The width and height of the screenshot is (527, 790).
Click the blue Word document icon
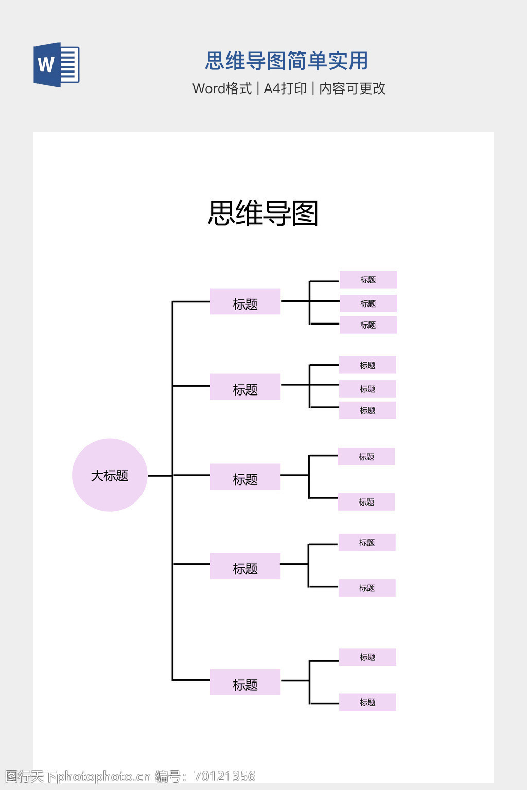click(57, 65)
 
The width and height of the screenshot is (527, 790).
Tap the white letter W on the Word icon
click(46, 65)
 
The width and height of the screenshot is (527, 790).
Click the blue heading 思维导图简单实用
click(287, 61)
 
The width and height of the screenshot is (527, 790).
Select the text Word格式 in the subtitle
click(222, 88)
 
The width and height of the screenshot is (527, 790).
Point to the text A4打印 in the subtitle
click(285, 88)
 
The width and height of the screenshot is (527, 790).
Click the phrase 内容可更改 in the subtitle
click(353, 88)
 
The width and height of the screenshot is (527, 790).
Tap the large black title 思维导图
click(263, 213)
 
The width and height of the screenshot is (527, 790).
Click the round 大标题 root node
click(110, 475)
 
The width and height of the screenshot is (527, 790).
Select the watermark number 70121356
click(225, 776)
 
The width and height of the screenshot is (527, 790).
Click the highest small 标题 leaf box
click(368, 280)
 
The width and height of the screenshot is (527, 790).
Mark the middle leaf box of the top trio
click(368, 303)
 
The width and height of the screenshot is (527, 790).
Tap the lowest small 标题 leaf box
click(367, 702)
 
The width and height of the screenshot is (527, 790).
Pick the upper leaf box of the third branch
click(366, 457)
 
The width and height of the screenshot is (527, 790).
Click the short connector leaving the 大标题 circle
click(160, 476)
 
